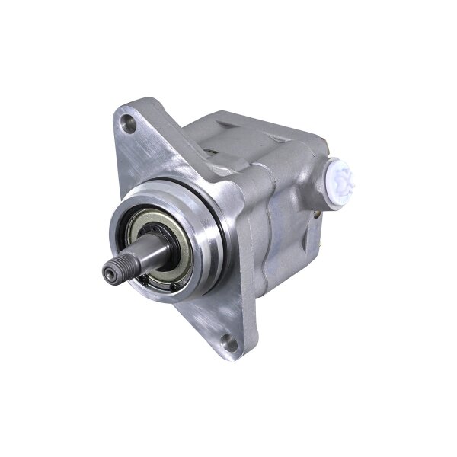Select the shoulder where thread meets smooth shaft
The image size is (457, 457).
point(123,263)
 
